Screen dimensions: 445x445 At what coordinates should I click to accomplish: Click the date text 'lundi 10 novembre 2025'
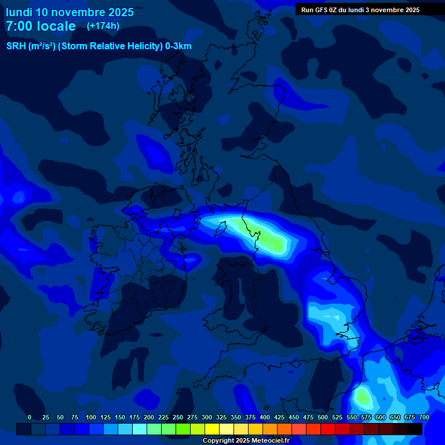70,12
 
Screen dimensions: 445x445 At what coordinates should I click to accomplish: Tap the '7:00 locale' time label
41,26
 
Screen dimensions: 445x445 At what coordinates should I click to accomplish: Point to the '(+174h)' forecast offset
103,26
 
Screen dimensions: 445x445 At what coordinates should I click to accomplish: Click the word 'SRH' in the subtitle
16,46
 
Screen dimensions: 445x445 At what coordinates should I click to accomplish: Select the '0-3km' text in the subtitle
178,46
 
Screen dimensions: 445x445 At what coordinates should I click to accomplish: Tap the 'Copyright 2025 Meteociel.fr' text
246,440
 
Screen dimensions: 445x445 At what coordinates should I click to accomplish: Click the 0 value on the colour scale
30,417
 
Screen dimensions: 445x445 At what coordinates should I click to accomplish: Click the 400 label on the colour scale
265,417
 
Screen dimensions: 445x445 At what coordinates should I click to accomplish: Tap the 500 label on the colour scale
323,417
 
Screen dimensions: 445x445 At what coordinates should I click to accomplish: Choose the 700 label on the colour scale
424,417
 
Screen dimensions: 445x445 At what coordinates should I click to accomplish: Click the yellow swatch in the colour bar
212,429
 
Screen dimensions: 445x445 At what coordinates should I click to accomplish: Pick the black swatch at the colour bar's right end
415,429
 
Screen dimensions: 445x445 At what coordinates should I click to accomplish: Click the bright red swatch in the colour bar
328,429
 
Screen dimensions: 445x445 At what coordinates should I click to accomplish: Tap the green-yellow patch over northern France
363,397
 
